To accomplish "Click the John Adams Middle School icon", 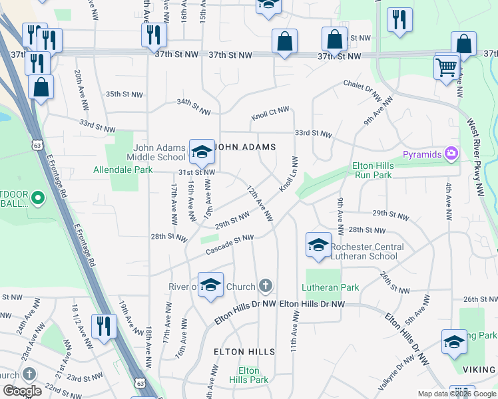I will [200, 152].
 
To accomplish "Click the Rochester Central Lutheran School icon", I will [318, 245].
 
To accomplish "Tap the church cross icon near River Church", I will [265, 287].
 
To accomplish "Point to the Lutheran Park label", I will [330, 287].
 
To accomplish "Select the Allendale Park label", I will [123, 170].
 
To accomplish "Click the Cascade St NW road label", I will [230, 243].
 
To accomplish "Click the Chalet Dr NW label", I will [363, 88].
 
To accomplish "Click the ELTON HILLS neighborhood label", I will [244, 351].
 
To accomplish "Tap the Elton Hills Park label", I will [249, 375].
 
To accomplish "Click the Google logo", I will [23, 391].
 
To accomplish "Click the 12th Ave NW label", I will [260, 203].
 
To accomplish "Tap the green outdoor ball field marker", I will [37, 198].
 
